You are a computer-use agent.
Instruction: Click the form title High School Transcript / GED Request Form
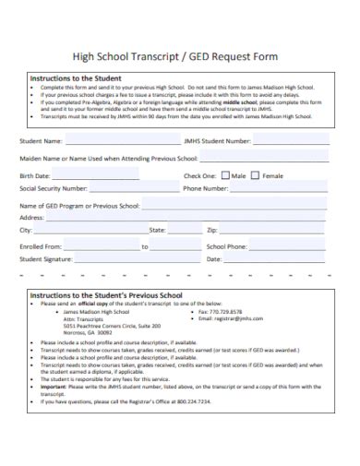click(x=180, y=56)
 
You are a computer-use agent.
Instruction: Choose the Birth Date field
click(x=97, y=175)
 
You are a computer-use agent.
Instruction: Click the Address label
click(x=33, y=218)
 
